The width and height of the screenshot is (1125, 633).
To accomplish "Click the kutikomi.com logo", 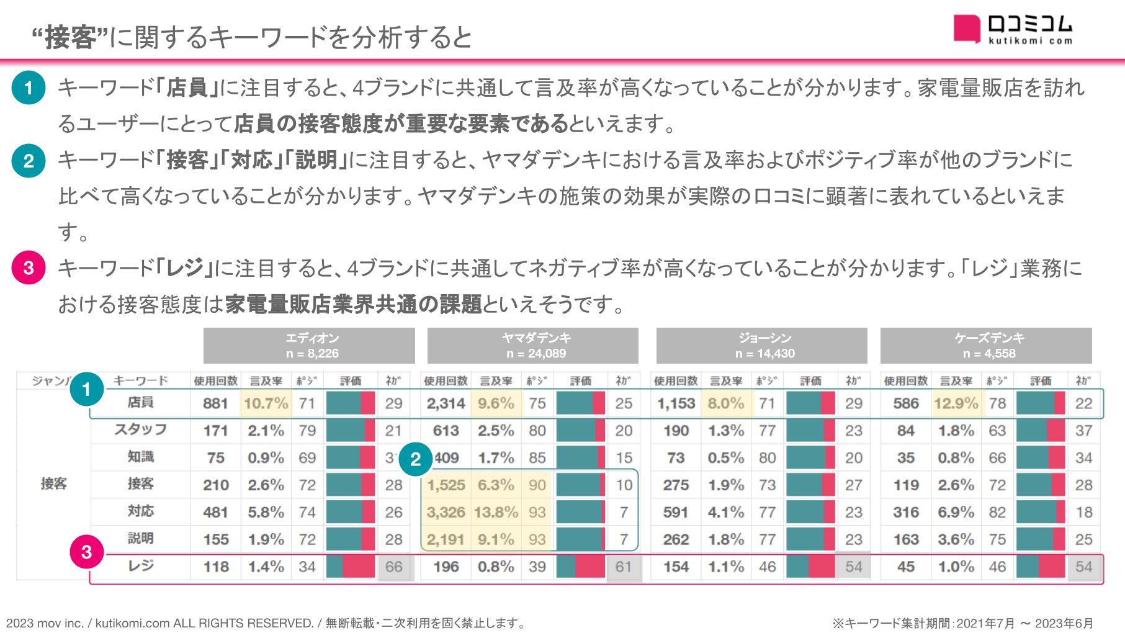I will (1013, 29).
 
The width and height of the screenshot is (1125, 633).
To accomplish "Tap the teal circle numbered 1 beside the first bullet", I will (29, 88).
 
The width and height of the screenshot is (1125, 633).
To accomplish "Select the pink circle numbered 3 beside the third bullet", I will (29, 268).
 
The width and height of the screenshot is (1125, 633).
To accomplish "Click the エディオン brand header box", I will (309, 346).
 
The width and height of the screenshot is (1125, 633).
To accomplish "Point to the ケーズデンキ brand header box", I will (986, 346).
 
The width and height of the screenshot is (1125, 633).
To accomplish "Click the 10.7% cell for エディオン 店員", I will (266, 403).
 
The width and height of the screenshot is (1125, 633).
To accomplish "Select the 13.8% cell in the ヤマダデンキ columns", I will (496, 512).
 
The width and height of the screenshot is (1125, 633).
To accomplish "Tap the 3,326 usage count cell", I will (446, 512).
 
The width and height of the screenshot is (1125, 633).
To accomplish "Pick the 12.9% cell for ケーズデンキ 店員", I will (956, 403).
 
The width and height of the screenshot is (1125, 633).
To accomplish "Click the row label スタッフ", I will (141, 429).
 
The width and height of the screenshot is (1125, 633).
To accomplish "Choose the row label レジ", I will (141, 566).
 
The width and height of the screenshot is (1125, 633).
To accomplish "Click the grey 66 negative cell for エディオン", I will (394, 567).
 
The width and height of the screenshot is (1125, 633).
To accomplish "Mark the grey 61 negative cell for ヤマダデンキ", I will (624, 567).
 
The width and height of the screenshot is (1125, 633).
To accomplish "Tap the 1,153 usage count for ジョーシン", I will (676, 403).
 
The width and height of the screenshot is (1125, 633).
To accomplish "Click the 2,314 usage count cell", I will (446, 403).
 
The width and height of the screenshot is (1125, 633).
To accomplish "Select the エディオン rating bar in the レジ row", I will (351, 567).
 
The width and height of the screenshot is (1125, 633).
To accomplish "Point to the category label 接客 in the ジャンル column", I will (53, 483).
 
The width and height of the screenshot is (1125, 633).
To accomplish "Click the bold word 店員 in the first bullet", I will (187, 88).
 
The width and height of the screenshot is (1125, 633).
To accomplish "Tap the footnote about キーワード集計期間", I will (962, 623).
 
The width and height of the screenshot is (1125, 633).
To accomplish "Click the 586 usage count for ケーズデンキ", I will (906, 403).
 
